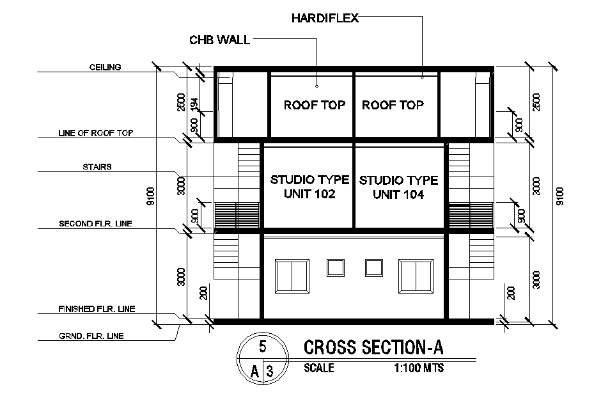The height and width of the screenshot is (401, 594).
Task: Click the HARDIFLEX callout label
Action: pyautogui.click(x=325, y=18)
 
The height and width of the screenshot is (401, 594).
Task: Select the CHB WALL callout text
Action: pyautogui.click(x=219, y=40)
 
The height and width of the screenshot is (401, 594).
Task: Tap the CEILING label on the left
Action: pyautogui.click(x=105, y=67)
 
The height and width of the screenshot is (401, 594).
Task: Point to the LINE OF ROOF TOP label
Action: pyautogui.click(x=95, y=133)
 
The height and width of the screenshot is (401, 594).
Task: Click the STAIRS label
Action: pyautogui.click(x=98, y=166)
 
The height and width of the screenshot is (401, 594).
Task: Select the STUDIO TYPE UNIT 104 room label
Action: pyautogui.click(x=399, y=187)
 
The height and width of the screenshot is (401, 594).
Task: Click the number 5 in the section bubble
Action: pyautogui.click(x=262, y=347)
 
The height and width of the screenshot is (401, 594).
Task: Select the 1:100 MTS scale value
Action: pyautogui.click(x=419, y=368)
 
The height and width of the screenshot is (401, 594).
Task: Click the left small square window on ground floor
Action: pyautogui.click(x=335, y=267)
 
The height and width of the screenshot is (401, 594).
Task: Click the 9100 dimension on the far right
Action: pyautogui.click(x=560, y=195)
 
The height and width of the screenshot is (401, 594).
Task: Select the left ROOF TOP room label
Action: pyautogui.click(x=314, y=105)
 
